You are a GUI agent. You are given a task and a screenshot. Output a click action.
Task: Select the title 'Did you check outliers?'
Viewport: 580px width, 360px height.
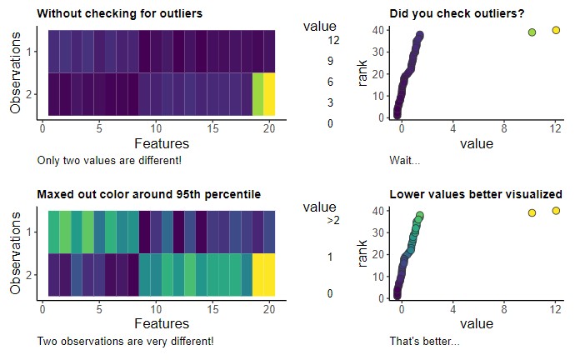pyautogui.click(x=457, y=14)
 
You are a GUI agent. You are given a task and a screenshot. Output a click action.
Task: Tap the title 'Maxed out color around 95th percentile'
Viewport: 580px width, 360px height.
pyautogui.click(x=149, y=194)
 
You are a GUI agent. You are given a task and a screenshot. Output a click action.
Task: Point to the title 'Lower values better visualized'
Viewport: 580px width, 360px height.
pyautogui.click(x=475, y=194)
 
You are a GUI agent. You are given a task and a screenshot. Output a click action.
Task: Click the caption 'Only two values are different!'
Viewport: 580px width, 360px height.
pyautogui.click(x=109, y=160)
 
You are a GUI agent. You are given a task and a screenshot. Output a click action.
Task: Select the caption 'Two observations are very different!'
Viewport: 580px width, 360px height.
pyautogui.click(x=126, y=341)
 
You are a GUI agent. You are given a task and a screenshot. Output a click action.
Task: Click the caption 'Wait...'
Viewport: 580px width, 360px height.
pyautogui.click(x=404, y=160)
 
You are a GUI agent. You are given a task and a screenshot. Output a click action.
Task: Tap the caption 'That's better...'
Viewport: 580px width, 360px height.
pyautogui.click(x=424, y=341)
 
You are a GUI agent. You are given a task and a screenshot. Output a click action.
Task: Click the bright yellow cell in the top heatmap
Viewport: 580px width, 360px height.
pyautogui.click(x=269, y=93)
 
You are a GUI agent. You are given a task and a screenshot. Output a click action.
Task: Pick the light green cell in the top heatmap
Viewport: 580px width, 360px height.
pyautogui.click(x=258, y=93)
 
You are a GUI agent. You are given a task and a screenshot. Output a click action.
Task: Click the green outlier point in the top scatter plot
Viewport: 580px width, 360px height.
pyautogui.click(x=532, y=32)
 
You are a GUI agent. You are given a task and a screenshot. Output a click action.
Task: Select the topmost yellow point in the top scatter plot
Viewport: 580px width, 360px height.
pyautogui.click(x=556, y=30)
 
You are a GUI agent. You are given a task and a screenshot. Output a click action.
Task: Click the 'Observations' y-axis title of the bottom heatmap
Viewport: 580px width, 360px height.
pyautogui.click(x=15, y=252)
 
